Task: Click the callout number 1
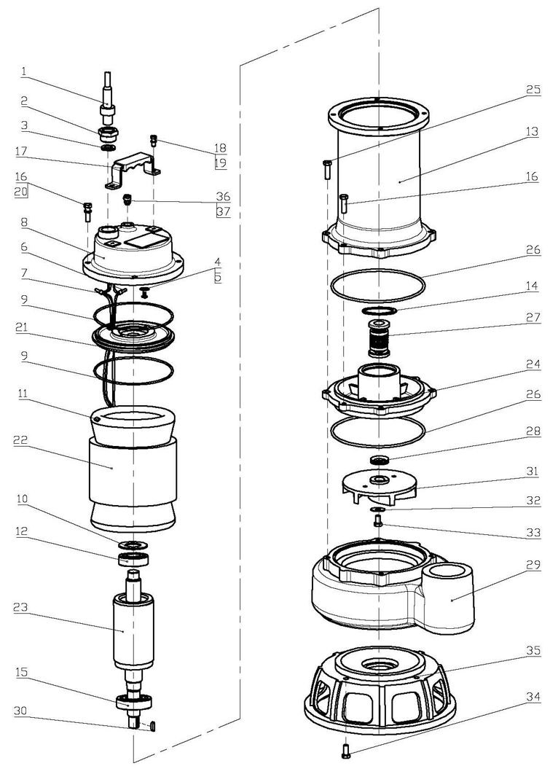(x=24, y=71)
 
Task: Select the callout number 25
(x=533, y=90)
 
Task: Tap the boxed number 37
(x=221, y=211)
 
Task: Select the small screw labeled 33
(x=378, y=521)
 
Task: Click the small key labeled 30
(x=154, y=726)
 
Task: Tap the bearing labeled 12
(x=135, y=560)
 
